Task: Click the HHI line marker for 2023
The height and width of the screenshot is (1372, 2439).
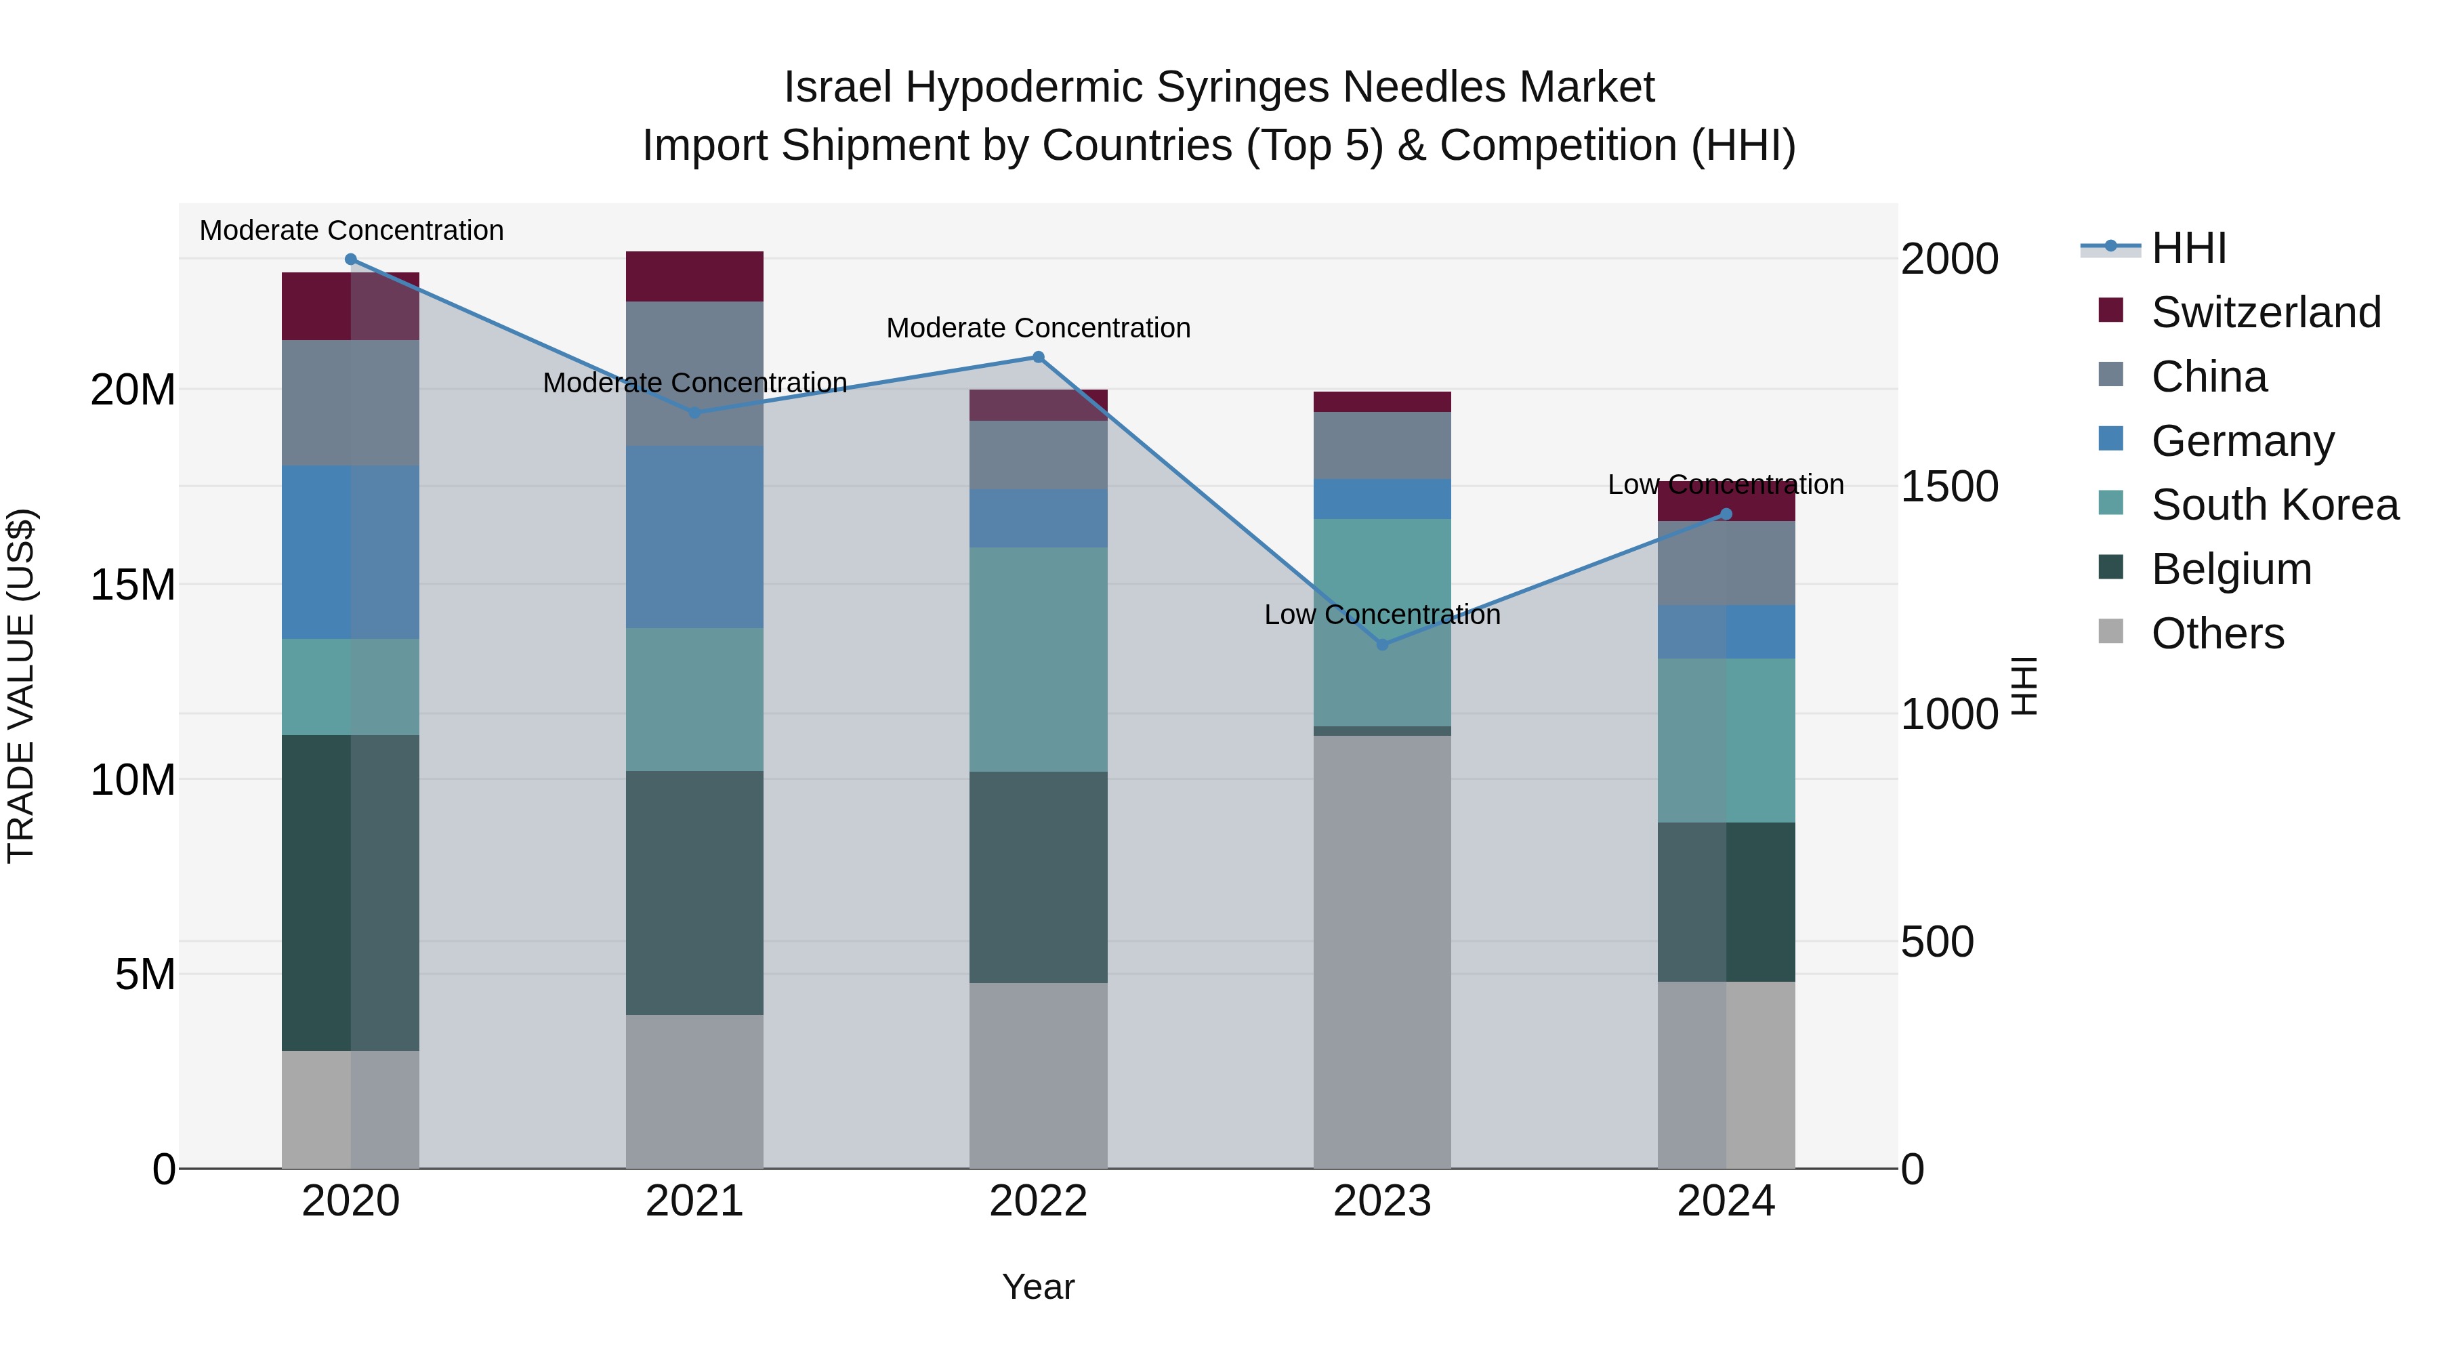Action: click(x=1381, y=645)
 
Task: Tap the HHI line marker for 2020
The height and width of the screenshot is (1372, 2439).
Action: click(x=350, y=259)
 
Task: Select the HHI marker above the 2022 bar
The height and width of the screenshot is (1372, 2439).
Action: click(x=1038, y=357)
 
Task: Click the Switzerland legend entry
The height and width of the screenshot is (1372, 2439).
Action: click(x=2265, y=312)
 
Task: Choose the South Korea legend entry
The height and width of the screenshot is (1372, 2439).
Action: click(x=2274, y=505)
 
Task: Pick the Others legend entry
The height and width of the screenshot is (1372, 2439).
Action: click(x=2217, y=633)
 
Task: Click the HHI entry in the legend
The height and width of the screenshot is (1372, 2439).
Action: click(x=2188, y=248)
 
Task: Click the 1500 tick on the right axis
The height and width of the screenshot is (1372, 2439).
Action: click(x=1949, y=486)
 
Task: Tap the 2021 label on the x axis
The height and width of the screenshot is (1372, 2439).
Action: click(x=694, y=1201)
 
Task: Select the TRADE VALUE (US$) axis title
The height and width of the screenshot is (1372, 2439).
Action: click(x=21, y=686)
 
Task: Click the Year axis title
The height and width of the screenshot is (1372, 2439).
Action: click(x=1038, y=1287)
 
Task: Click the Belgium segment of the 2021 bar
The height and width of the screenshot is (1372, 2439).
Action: click(x=694, y=893)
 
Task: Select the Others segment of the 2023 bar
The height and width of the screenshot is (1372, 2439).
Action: click(x=1381, y=952)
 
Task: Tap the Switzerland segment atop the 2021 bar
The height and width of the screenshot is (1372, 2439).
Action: click(x=694, y=276)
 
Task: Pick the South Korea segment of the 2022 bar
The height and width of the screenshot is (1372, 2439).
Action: click(x=1038, y=659)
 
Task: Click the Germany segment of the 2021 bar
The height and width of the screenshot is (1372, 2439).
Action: click(x=694, y=537)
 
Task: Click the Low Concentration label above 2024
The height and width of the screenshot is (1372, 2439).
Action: click(x=1725, y=485)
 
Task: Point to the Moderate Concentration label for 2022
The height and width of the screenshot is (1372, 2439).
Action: click(x=1038, y=329)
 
